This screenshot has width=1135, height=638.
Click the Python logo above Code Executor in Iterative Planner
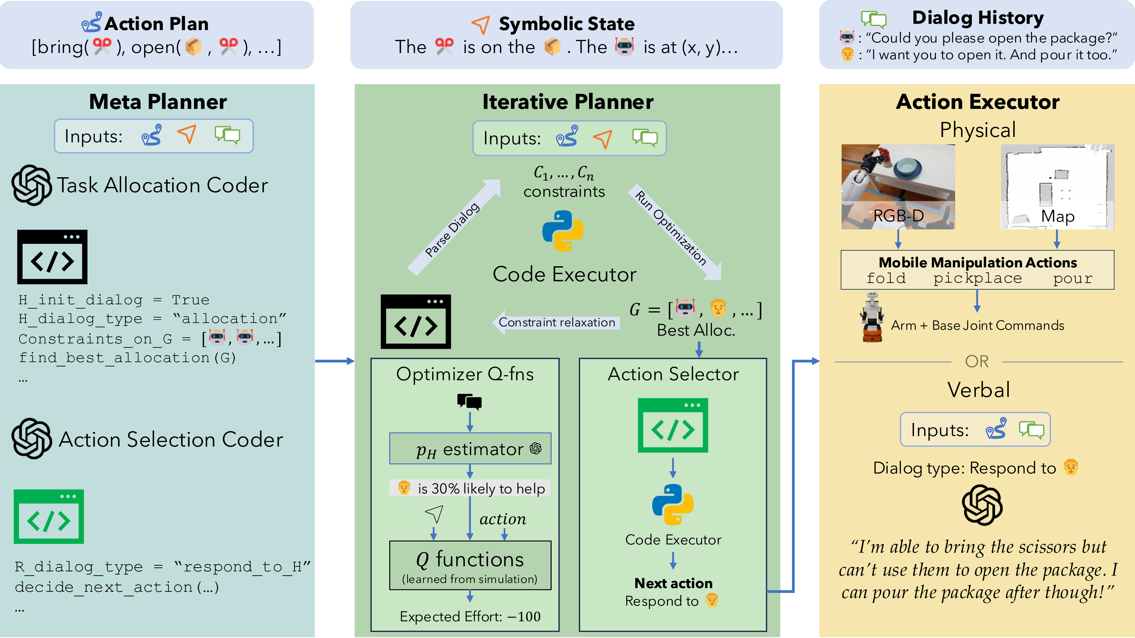click(x=563, y=231)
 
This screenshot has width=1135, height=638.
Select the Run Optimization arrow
click(x=676, y=231)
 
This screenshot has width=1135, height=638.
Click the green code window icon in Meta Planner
click(x=49, y=516)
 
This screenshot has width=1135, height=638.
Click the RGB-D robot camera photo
click(x=898, y=187)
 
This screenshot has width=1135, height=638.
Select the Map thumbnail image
click(x=1057, y=187)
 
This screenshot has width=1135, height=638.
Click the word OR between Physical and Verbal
click(x=976, y=362)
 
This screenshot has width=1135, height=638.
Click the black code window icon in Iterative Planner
click(x=415, y=322)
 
